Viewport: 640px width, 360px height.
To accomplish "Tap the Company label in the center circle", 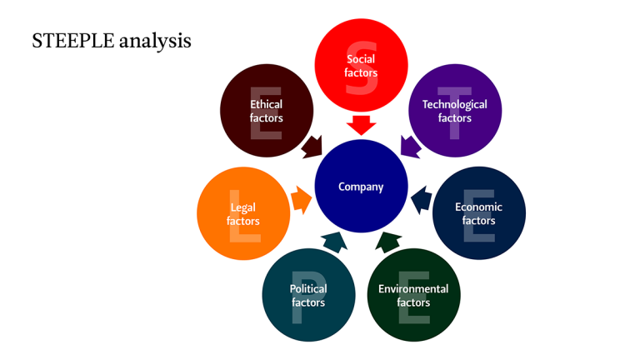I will tap(361, 187).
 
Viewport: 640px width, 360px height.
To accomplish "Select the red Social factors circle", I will tap(361, 65).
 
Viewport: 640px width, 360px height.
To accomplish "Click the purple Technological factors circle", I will tap(455, 110).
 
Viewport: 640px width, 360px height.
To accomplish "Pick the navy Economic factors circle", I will tap(479, 213).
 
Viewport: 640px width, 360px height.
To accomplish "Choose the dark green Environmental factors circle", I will tap(413, 295).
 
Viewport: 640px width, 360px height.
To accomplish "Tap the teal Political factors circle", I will tap(308, 295).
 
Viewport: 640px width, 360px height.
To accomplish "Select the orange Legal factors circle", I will tap(243, 213).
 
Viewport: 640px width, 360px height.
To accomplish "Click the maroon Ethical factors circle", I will tap(267, 110).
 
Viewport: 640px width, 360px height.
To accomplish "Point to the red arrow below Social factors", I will tap(361, 126).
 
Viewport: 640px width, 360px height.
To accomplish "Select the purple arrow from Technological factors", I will tap(411, 146).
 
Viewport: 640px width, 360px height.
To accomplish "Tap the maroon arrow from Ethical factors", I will tap(312, 146).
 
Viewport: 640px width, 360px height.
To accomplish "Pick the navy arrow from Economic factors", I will tap(422, 200).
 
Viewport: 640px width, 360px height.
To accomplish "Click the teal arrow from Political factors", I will tap(334, 242).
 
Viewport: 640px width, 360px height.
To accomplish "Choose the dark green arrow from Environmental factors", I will tap(387, 242).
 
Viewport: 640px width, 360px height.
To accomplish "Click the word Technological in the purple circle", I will tap(455, 104).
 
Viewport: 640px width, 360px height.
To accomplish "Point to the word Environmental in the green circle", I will tap(413, 289).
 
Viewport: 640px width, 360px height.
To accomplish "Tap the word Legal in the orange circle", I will tap(243, 207).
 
